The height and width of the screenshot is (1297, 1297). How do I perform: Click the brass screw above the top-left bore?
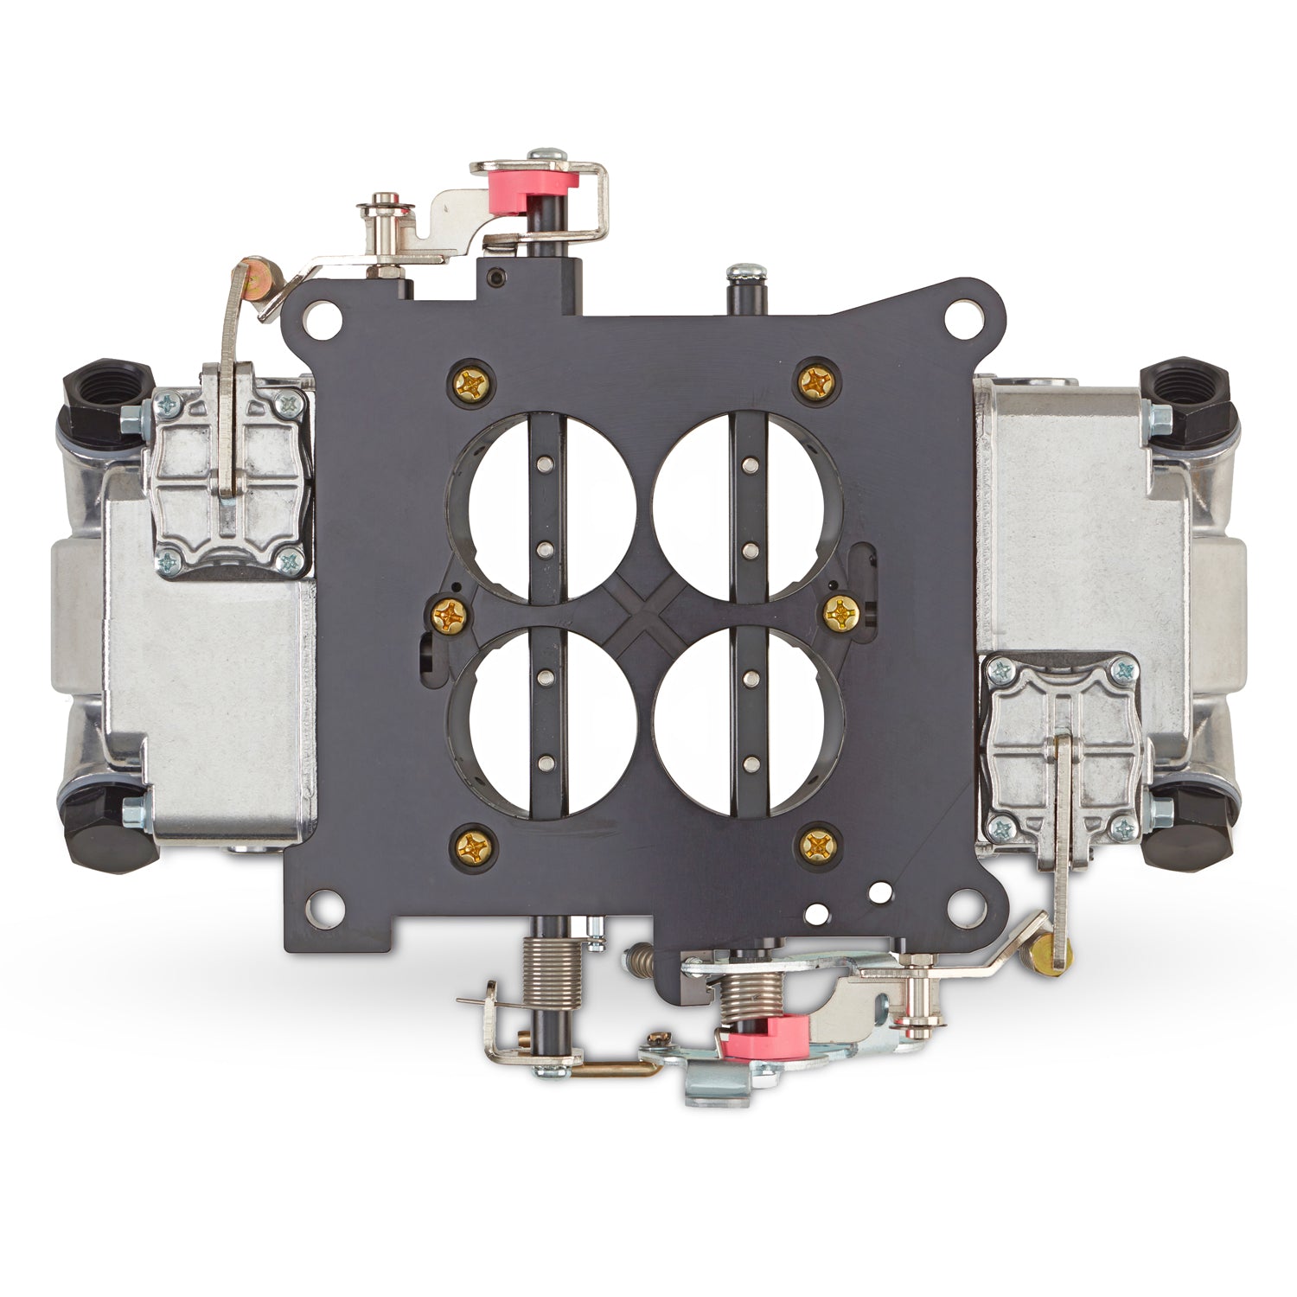click(x=472, y=380)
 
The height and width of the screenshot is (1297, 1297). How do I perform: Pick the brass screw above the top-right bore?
click(x=815, y=381)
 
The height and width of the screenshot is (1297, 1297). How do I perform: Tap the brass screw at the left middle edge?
click(x=450, y=616)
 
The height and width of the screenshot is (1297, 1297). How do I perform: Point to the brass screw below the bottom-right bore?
click(x=815, y=845)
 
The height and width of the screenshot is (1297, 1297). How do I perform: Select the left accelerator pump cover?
click(x=230, y=481)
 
